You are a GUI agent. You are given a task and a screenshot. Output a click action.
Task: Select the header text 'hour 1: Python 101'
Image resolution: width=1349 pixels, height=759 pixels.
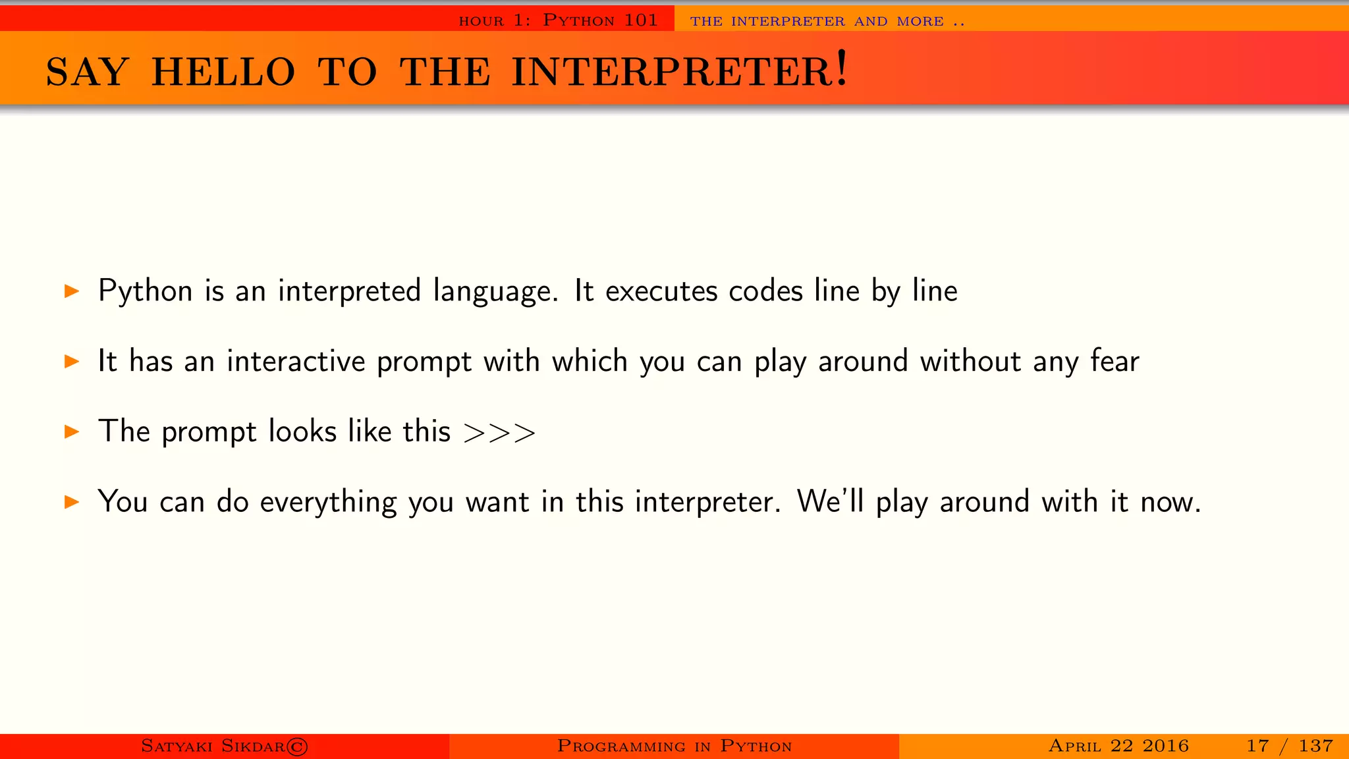tap(558, 20)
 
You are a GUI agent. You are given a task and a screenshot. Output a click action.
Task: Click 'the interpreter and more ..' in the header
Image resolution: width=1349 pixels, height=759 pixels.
tap(827, 21)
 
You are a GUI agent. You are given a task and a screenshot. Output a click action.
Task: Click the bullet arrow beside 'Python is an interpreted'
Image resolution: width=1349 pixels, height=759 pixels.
tap(72, 291)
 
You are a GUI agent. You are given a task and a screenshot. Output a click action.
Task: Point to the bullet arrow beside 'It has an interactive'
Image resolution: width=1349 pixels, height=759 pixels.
tap(72, 361)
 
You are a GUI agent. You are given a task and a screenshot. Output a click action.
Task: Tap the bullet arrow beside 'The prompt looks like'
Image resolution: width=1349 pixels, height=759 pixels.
tap(72, 432)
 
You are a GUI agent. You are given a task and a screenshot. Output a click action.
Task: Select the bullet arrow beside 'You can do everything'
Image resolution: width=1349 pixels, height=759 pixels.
tap(72, 502)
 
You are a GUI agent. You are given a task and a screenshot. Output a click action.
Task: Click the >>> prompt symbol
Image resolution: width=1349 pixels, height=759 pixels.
tap(499, 433)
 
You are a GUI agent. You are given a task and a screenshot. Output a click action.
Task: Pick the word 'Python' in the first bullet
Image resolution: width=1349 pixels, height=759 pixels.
tap(145, 291)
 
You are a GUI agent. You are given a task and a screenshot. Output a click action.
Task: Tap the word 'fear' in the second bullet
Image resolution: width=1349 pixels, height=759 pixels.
tap(1115, 361)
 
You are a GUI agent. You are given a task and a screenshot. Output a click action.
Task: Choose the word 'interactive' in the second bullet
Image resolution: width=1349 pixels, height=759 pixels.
tap(296, 361)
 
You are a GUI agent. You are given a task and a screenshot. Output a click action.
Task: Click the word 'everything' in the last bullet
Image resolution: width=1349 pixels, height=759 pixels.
tap(328, 502)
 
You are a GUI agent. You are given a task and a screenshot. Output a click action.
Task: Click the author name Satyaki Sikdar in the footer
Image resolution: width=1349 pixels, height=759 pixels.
tap(213, 746)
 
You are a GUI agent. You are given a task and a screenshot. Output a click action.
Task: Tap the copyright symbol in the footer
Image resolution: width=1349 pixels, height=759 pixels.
tap(297, 746)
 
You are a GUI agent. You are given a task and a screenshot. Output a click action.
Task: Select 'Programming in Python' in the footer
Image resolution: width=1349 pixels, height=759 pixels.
tap(674, 746)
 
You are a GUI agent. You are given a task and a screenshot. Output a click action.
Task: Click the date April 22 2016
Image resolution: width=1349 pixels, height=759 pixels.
tap(1118, 746)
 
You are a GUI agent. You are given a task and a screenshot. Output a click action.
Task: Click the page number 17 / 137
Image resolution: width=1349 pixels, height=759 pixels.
tap(1289, 746)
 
